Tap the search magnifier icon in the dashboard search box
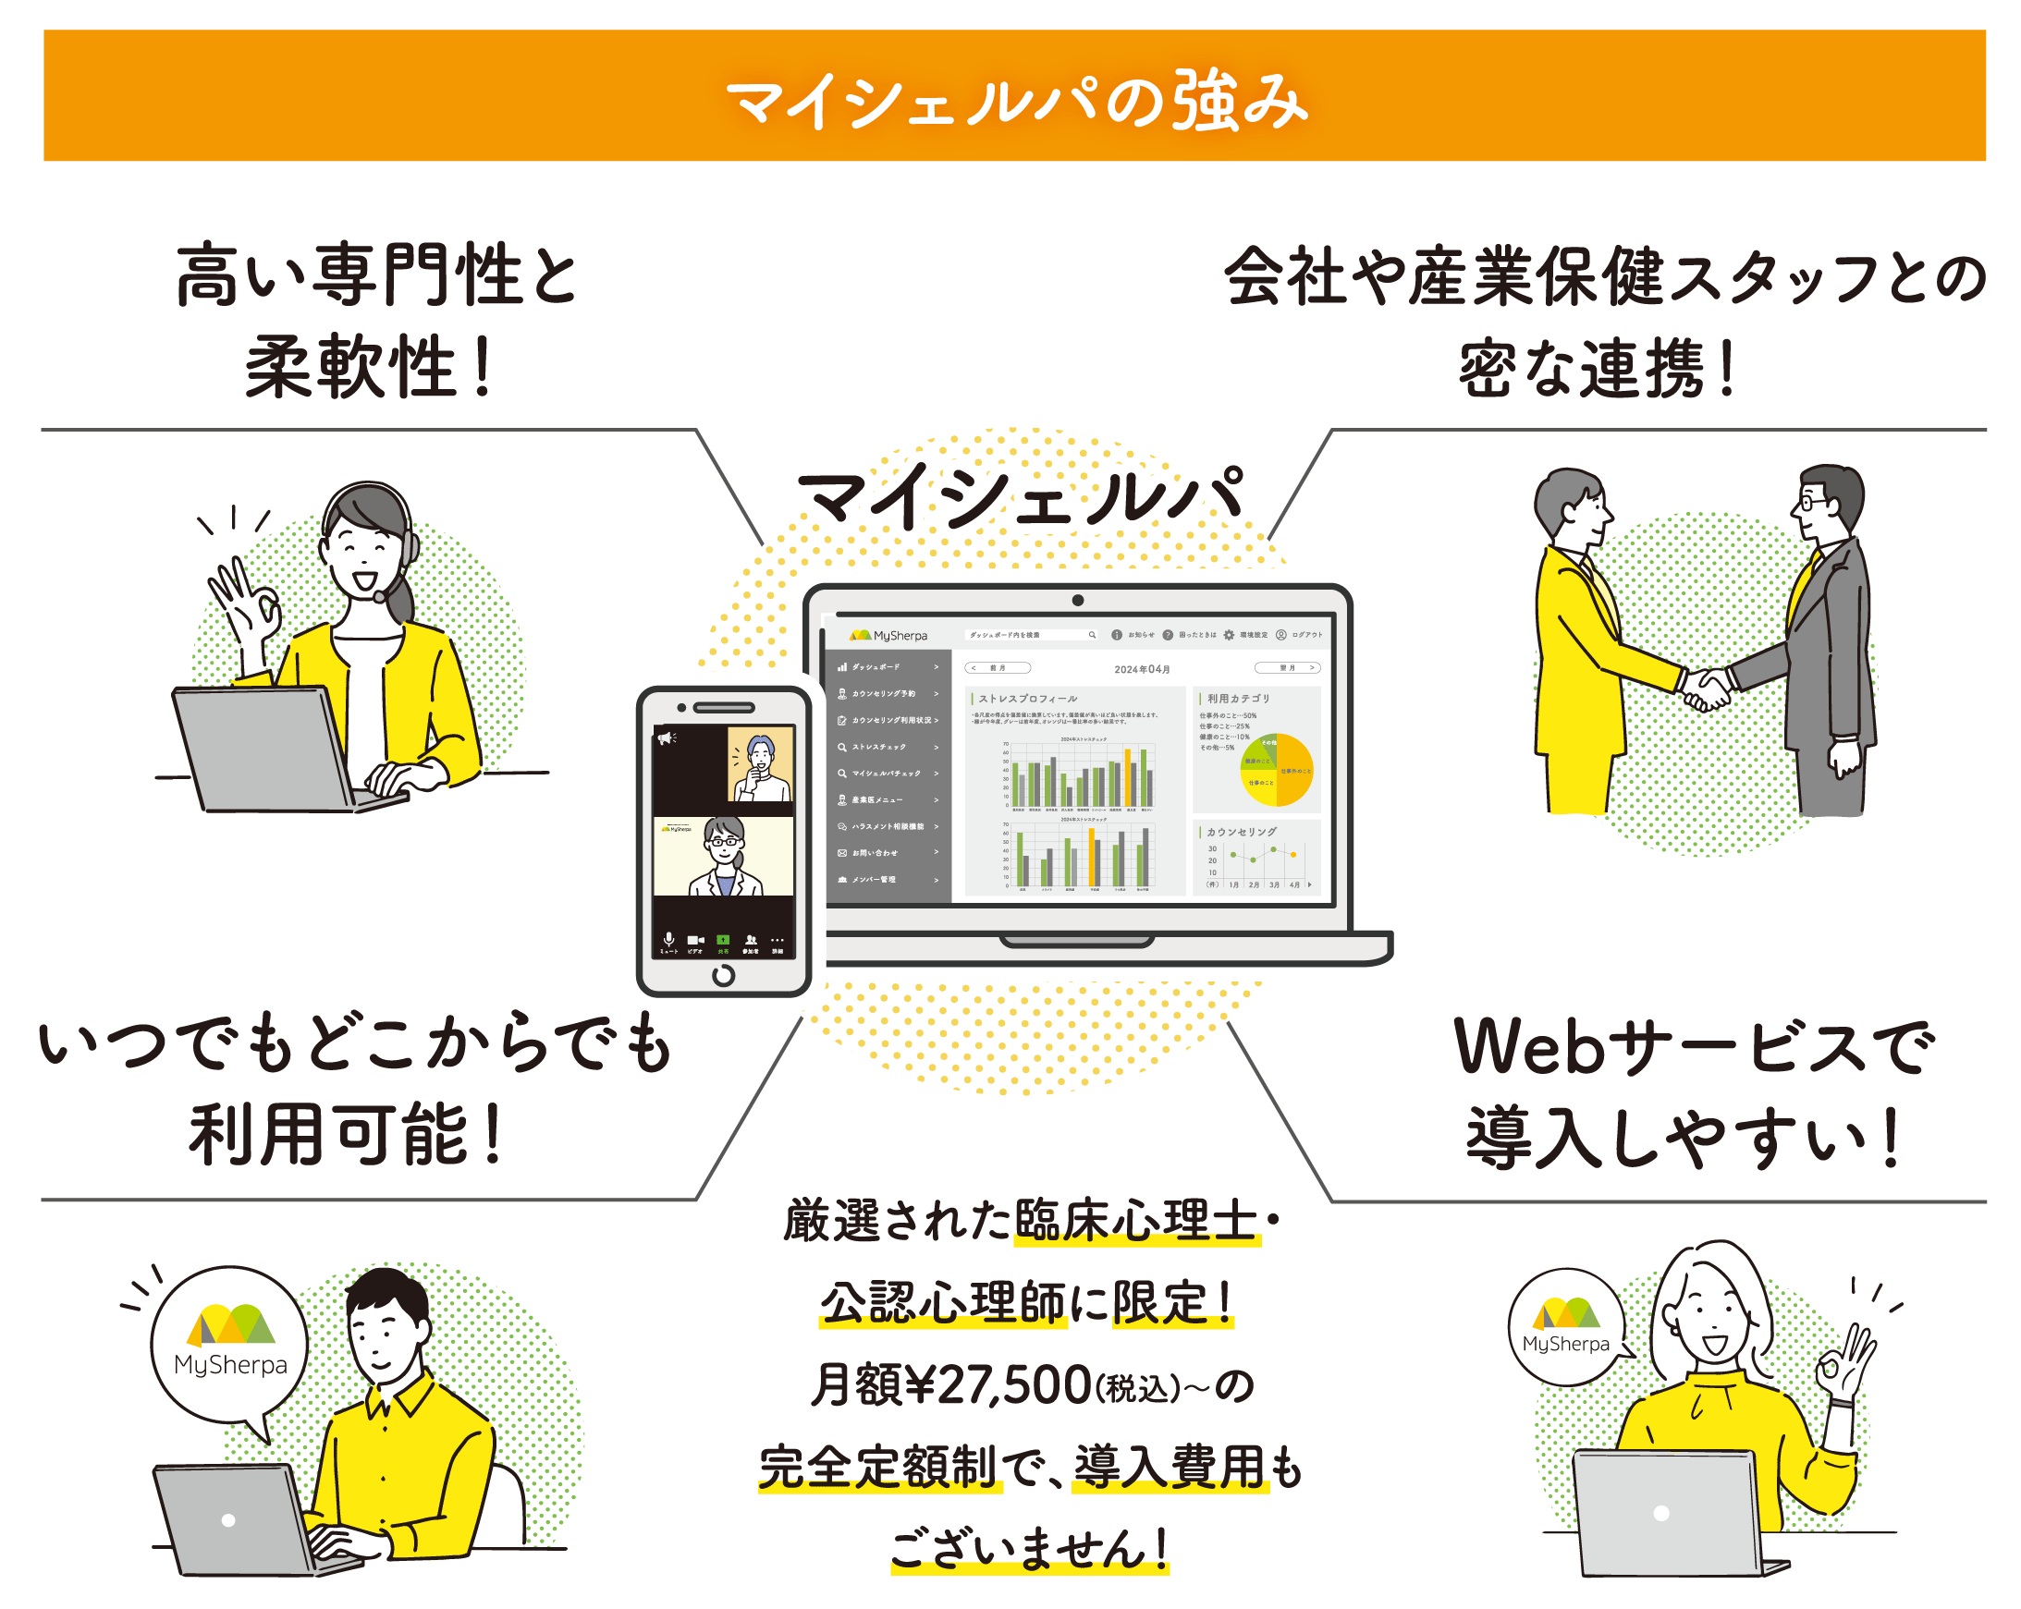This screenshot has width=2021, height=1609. click(x=1091, y=635)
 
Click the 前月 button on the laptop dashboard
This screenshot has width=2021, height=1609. click(x=998, y=668)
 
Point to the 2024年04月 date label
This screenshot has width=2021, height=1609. click(x=1141, y=669)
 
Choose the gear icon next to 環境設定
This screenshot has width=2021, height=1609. click(x=1228, y=635)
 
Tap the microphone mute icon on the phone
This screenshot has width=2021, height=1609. click(x=668, y=939)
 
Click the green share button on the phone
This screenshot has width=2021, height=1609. click(x=723, y=940)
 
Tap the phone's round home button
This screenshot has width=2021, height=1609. click(x=723, y=976)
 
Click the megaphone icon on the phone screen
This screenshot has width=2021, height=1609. click(x=666, y=738)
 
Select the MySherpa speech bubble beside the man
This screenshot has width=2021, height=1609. click(x=229, y=1345)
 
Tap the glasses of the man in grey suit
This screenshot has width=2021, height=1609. click(x=1811, y=505)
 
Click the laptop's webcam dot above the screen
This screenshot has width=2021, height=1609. click(x=1077, y=601)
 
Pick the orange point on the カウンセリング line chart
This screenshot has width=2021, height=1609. click(x=1293, y=855)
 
